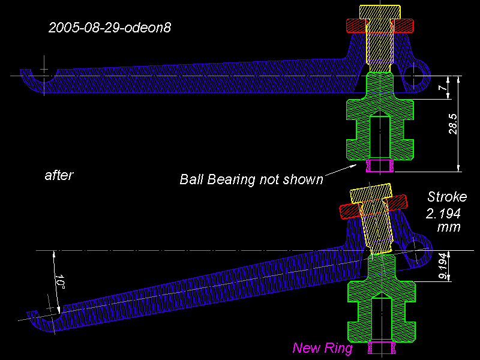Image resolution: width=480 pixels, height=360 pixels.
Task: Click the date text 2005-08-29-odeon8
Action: [110, 28]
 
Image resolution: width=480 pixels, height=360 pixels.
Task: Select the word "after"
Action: [59, 175]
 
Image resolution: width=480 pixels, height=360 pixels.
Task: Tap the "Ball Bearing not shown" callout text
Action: [251, 179]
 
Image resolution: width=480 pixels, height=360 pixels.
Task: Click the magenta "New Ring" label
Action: [322, 348]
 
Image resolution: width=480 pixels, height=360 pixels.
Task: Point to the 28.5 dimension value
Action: [453, 124]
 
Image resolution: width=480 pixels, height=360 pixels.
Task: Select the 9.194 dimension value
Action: [443, 266]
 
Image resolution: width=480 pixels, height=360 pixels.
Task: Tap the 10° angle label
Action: [59, 282]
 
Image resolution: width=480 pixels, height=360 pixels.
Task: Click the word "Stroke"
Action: [447, 197]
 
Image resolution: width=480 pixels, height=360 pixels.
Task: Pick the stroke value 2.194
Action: [443, 214]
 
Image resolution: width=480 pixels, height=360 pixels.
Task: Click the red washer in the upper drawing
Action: [380, 26]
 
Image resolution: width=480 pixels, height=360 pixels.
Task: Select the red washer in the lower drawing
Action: [373, 207]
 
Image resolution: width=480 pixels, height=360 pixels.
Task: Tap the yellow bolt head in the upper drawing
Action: [380, 11]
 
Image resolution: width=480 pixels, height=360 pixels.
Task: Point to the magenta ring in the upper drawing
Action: [380, 166]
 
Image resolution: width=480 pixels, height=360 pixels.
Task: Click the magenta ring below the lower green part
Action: [382, 348]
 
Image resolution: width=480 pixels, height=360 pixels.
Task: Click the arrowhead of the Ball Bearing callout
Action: [353, 166]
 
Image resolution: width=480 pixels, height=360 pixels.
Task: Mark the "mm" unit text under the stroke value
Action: [448, 227]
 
